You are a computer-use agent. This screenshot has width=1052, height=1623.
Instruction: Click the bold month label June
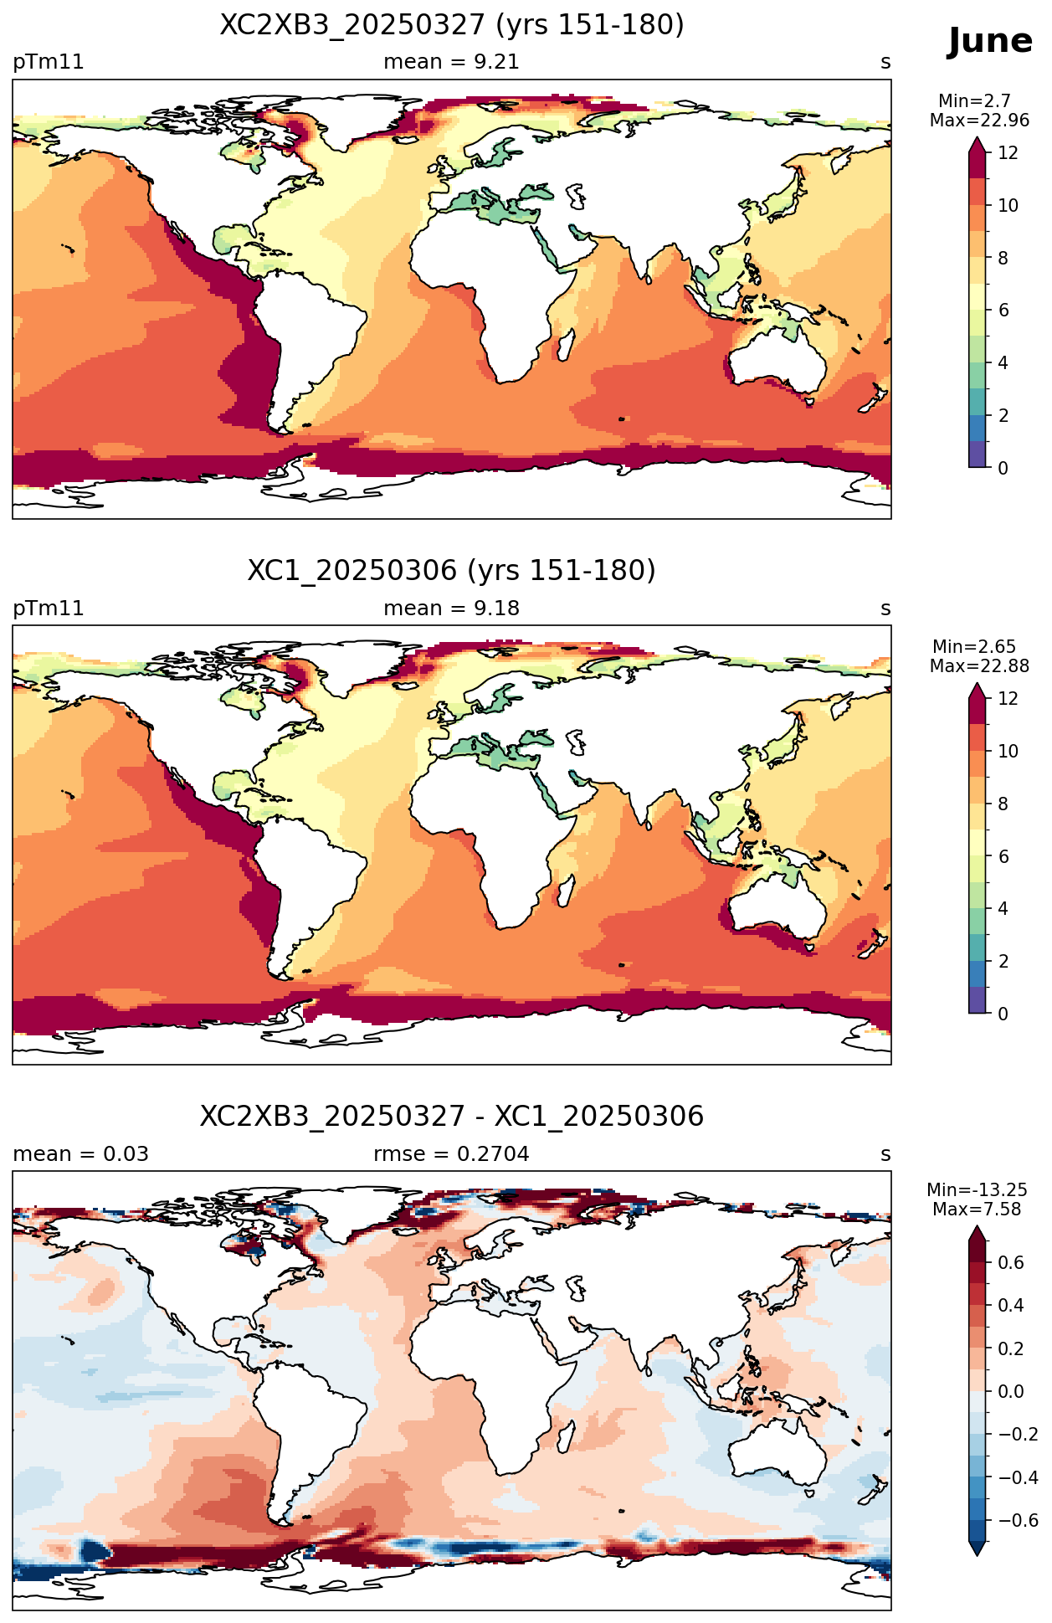(990, 41)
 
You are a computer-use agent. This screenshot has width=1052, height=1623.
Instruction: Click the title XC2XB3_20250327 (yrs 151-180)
(452, 25)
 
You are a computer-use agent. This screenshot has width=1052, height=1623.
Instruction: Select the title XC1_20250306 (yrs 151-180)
(452, 571)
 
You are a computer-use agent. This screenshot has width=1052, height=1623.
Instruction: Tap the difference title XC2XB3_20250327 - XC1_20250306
(452, 1117)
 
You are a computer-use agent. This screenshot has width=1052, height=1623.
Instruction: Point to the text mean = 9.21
(451, 62)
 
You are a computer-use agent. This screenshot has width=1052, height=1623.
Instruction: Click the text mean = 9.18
(451, 609)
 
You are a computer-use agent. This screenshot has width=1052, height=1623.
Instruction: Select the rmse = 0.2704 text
(451, 1154)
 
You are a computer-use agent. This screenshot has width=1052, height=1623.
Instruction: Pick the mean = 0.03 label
(80, 1154)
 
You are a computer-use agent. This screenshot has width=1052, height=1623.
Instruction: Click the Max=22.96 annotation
(979, 121)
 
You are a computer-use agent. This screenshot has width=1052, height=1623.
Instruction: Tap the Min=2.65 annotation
(974, 647)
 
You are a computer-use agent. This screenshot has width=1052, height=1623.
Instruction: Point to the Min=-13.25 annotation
(977, 1190)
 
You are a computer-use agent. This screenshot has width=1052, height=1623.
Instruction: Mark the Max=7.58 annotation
(977, 1210)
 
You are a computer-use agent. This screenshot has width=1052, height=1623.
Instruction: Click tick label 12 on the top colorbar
(1008, 153)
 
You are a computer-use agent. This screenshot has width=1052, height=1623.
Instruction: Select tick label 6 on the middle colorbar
(1003, 856)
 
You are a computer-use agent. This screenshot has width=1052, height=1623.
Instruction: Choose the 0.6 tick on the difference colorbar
(1011, 1263)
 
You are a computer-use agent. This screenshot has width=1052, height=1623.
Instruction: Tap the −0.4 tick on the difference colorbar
(1018, 1478)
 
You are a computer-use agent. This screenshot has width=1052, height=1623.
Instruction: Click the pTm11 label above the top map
(49, 63)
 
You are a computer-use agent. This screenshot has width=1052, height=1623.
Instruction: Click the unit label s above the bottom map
(885, 1155)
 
